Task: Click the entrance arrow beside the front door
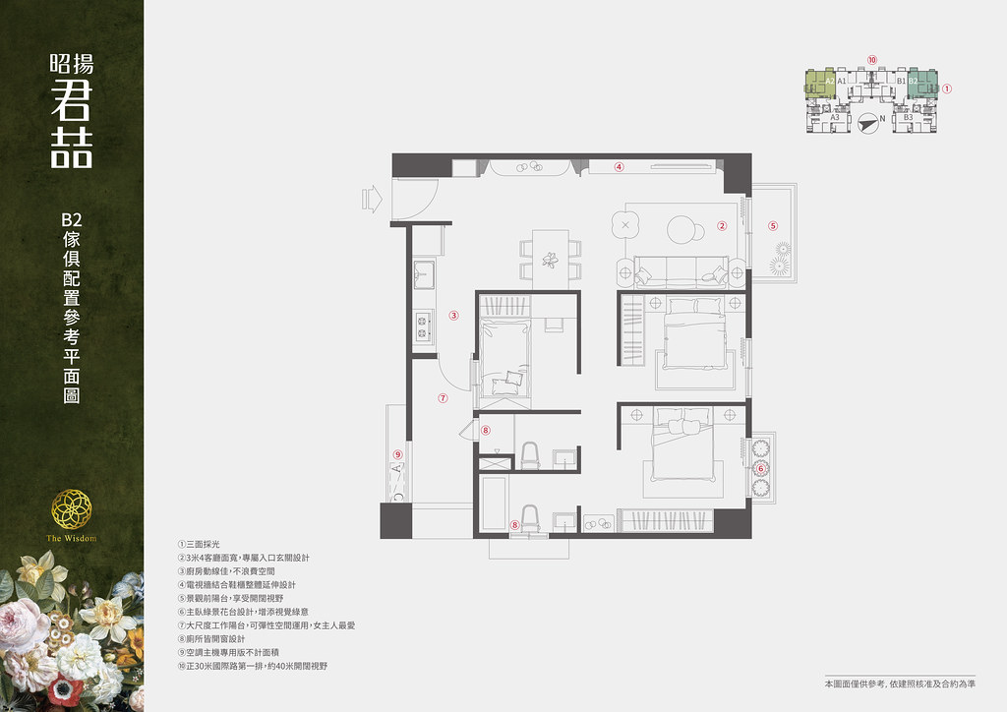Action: (373, 198)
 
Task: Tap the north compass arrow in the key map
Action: (866, 122)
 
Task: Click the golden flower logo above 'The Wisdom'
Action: (72, 508)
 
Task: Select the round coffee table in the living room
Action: (684, 229)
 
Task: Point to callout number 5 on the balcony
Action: (773, 225)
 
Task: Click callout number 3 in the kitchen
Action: (454, 316)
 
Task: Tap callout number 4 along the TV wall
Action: (620, 166)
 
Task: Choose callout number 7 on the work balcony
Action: (443, 398)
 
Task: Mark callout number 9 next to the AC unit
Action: (397, 453)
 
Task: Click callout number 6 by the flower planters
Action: (760, 469)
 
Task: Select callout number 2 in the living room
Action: (721, 225)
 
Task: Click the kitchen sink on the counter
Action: (425, 271)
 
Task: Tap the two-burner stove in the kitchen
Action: (425, 326)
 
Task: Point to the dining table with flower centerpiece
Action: (550, 256)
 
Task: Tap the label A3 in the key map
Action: (835, 117)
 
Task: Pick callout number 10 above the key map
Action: (871, 60)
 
